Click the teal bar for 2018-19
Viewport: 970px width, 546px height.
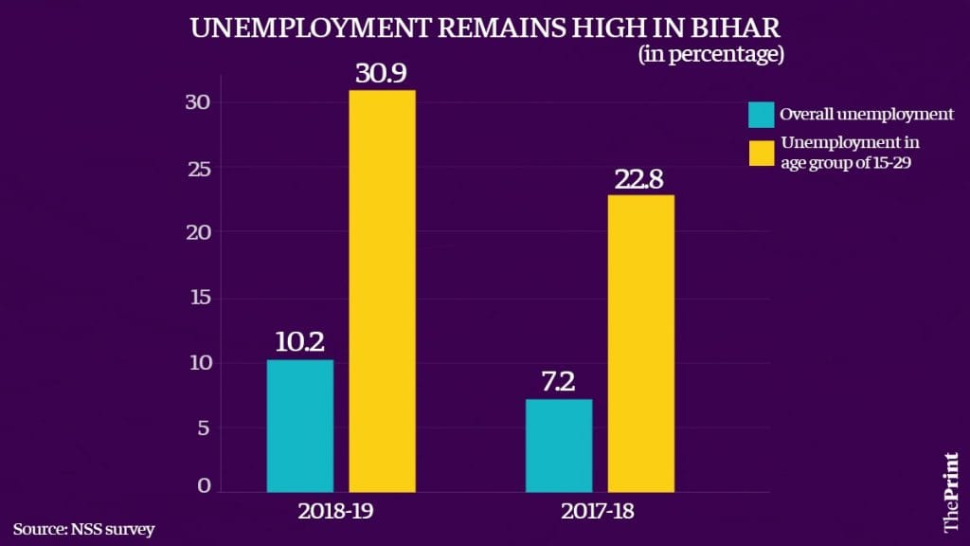[x=299, y=426]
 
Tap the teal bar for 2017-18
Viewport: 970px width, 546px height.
[x=559, y=446]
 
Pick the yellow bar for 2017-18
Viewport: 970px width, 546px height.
[x=641, y=343]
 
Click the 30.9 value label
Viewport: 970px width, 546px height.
[x=383, y=73]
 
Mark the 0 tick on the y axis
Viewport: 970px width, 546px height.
[x=215, y=486]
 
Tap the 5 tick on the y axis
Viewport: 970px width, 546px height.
[x=215, y=428]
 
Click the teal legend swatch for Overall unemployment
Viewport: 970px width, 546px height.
[x=761, y=115]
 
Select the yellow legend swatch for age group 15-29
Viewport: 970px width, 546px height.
[x=761, y=152]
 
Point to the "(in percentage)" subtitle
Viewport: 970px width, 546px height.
[x=710, y=55]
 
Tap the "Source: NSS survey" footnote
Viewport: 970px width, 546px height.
[x=83, y=528]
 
